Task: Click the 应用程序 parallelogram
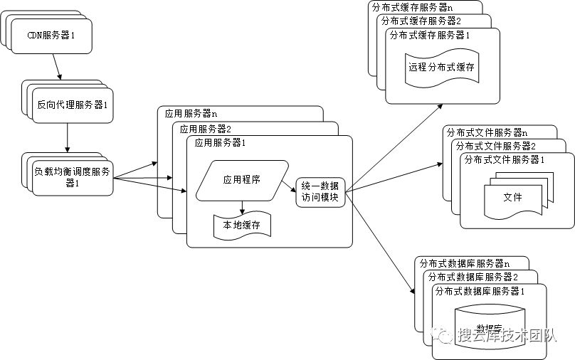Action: point(241,180)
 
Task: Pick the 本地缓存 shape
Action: point(242,225)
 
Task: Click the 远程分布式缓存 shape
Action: point(441,68)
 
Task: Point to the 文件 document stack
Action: point(512,196)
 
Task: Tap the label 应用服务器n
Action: point(191,113)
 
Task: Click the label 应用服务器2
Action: point(205,129)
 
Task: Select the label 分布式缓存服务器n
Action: point(412,7)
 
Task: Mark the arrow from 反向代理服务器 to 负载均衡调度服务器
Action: point(68,137)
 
